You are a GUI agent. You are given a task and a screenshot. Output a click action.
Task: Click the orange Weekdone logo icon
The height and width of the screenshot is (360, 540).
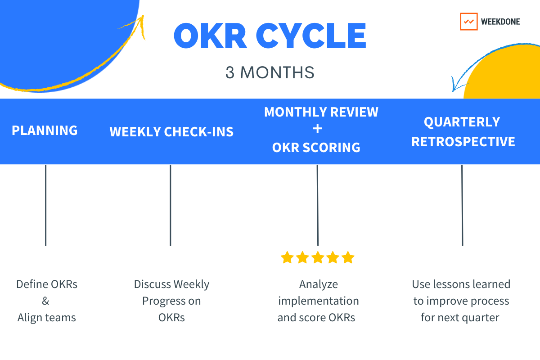tap(468, 22)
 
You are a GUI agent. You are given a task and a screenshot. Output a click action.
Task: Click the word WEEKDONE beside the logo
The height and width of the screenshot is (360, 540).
tap(500, 22)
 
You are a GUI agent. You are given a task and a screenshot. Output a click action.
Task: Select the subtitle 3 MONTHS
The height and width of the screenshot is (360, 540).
tap(270, 73)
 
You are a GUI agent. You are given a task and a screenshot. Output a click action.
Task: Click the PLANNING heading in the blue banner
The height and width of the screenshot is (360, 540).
tap(45, 130)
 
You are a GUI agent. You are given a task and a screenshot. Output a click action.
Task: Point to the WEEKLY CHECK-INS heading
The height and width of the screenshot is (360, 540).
tap(171, 132)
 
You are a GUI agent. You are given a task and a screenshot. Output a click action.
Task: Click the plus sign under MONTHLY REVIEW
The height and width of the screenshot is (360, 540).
tap(317, 129)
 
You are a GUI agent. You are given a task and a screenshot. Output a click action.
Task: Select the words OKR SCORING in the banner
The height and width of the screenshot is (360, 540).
tap(316, 147)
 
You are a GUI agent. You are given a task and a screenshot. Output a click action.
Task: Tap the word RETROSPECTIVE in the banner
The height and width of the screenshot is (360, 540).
tap(463, 142)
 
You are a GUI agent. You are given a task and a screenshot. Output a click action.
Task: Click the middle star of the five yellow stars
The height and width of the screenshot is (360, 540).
tap(318, 258)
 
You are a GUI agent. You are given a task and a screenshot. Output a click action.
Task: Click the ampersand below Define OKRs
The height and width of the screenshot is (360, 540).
tap(46, 301)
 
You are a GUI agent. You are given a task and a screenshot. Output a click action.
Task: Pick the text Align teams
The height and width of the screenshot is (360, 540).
tap(47, 317)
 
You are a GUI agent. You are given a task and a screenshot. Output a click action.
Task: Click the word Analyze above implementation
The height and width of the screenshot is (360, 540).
tap(318, 284)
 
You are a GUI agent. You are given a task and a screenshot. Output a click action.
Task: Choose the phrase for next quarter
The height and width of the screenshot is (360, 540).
tap(460, 317)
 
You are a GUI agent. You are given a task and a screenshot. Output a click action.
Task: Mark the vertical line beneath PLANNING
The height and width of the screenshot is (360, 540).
tap(45, 205)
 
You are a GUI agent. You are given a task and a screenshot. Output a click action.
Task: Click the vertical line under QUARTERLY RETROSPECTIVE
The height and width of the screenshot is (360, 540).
tap(462, 205)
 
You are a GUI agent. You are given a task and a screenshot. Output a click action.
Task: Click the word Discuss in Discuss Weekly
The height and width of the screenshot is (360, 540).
tap(152, 284)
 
